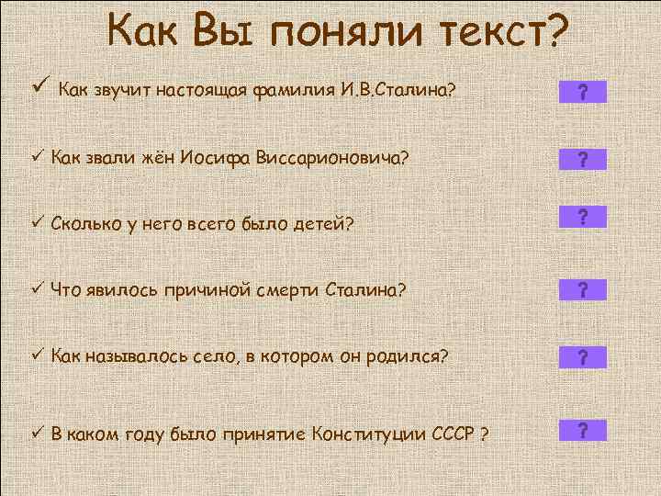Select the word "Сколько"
click(x=86, y=222)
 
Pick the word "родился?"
click(x=412, y=355)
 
